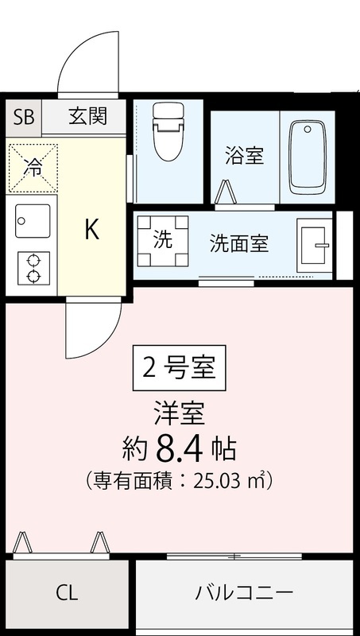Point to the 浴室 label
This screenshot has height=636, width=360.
244,155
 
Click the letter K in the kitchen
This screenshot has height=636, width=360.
92,231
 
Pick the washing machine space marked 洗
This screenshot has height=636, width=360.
163,239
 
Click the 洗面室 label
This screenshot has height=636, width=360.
238,243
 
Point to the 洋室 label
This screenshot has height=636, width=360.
180,413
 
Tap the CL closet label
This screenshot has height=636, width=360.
67,593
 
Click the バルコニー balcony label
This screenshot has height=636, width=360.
245,593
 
